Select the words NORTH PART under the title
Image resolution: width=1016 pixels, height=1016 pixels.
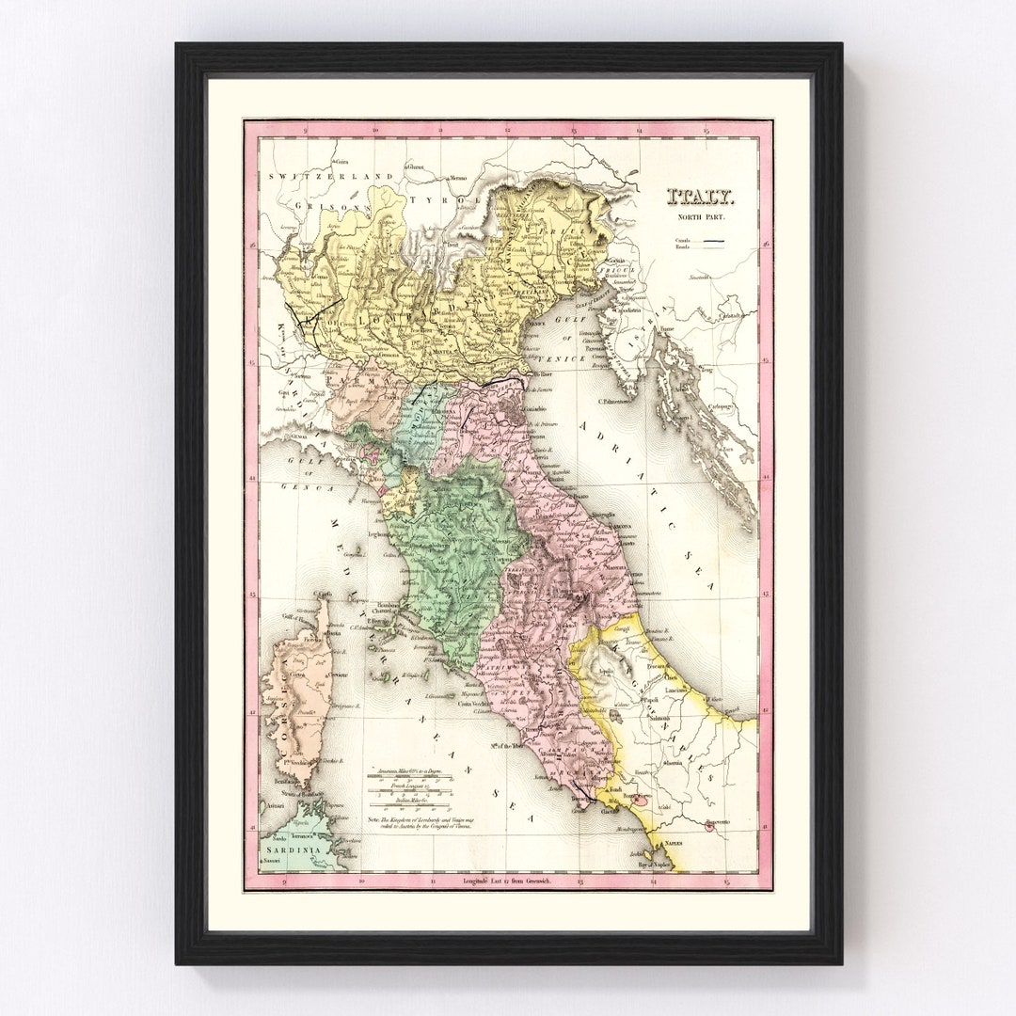702,218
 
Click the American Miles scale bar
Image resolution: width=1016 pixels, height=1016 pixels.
410,777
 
